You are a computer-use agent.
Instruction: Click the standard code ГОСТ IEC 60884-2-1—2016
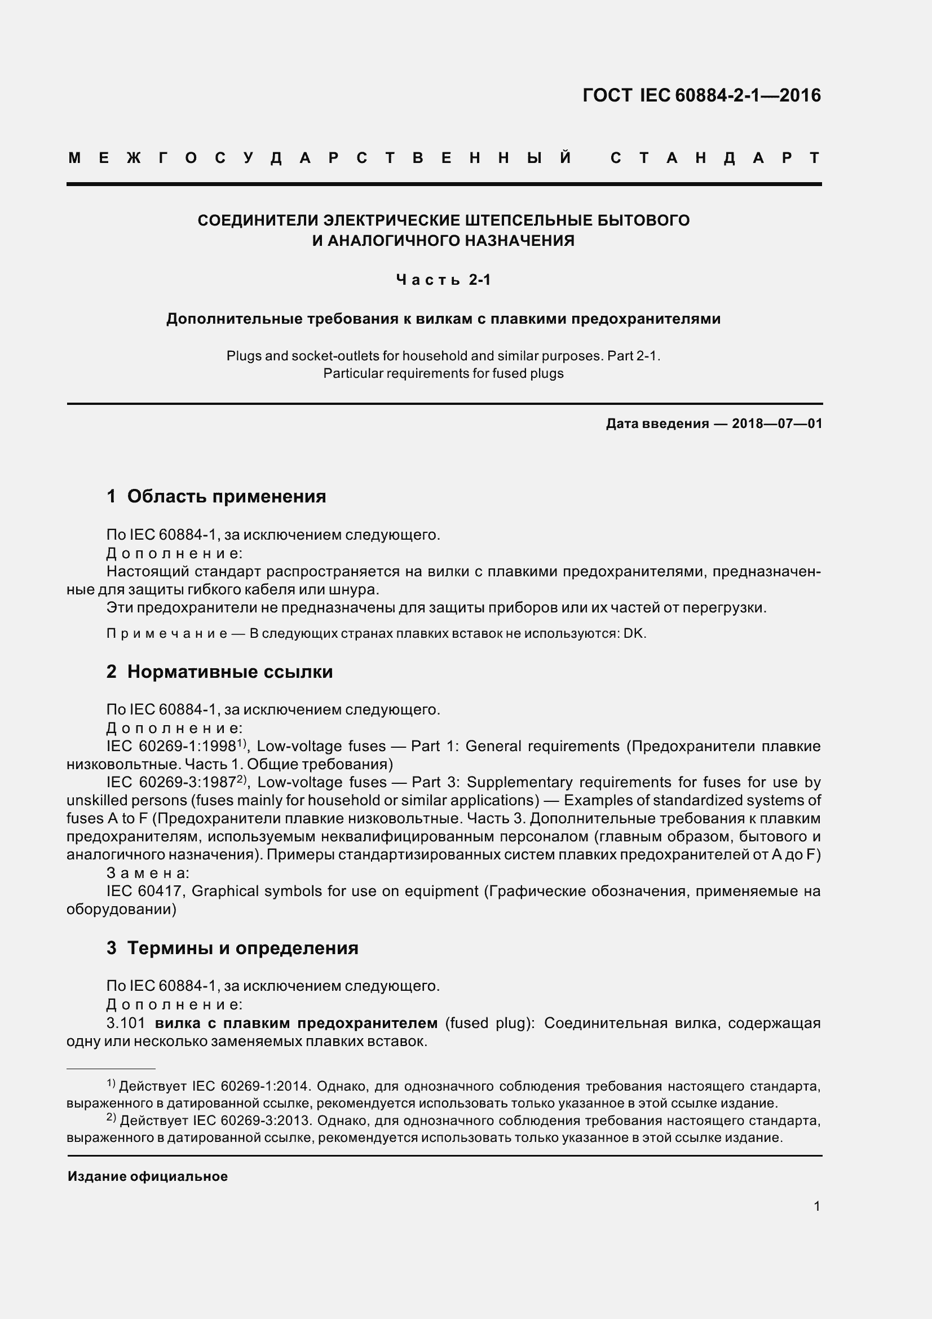click(x=701, y=95)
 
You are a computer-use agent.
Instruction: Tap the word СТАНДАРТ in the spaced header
click(x=715, y=158)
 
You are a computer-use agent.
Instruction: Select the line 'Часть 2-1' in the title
click(x=443, y=280)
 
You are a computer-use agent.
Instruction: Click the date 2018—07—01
click(x=776, y=424)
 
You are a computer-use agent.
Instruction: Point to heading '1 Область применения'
click(x=216, y=496)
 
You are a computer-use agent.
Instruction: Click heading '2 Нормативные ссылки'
click(x=219, y=672)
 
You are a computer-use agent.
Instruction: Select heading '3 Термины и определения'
click(x=232, y=948)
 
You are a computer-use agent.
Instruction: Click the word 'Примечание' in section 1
click(x=166, y=634)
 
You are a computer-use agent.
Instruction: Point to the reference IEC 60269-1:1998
click(x=171, y=747)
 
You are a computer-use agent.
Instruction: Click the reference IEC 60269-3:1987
click(x=171, y=783)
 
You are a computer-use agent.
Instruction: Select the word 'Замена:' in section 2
click(x=148, y=873)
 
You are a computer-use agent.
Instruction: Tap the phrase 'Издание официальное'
click(x=148, y=1176)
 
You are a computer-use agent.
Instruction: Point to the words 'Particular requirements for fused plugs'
click(x=443, y=373)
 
